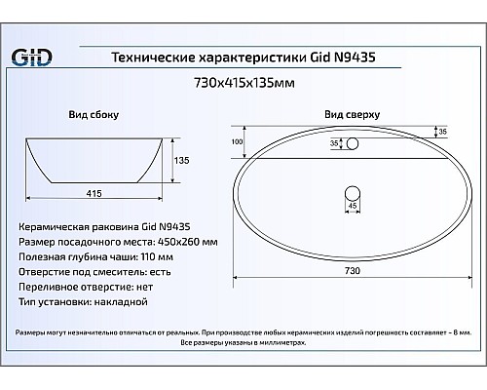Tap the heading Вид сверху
pos(348,114)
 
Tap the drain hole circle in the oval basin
pos(353,187)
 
